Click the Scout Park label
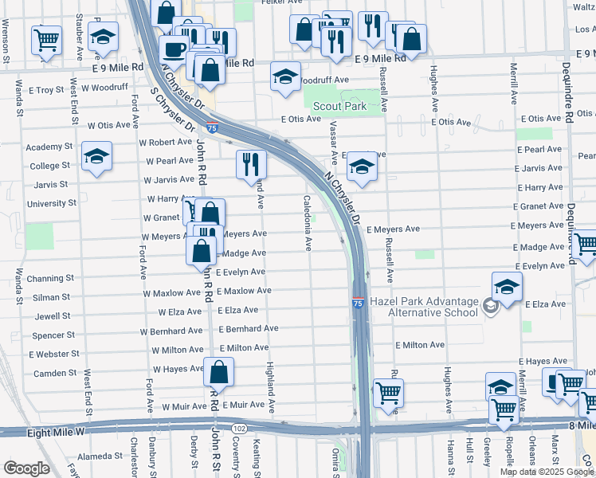point(339,106)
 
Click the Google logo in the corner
point(26,468)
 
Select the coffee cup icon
point(173,49)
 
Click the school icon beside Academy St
point(96,155)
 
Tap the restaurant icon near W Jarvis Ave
point(251,163)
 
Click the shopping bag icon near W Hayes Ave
point(218,371)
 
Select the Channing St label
point(49,279)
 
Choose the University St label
point(51,203)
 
